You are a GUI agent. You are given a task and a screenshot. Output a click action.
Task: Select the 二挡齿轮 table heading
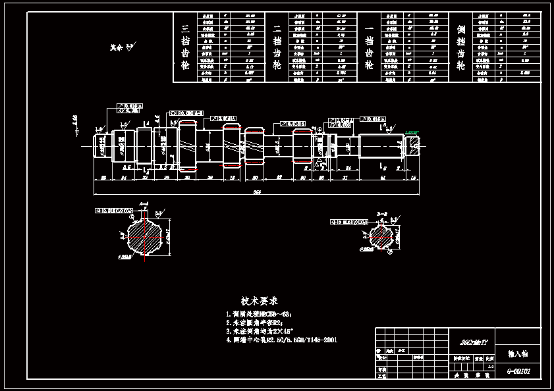pyautogui.click(x=277, y=47)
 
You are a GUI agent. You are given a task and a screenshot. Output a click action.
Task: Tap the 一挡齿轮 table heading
pyautogui.click(x=370, y=47)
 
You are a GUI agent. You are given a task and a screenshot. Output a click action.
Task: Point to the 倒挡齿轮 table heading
pyautogui.click(x=461, y=47)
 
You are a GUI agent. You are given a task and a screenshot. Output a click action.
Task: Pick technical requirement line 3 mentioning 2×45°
pyautogui.click(x=263, y=332)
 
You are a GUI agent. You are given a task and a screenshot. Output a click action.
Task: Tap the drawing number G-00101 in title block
pyautogui.click(x=518, y=371)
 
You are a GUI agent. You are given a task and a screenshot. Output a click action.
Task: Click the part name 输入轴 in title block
pyautogui.click(x=518, y=353)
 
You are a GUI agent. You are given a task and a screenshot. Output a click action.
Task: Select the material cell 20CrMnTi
pyautogui.click(x=472, y=342)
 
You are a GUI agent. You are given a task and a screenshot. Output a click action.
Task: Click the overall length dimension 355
pyautogui.click(x=256, y=192)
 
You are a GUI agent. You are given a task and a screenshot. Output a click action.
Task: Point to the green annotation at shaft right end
pyautogui.click(x=412, y=133)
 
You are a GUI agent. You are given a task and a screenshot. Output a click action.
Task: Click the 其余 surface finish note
pyautogui.click(x=121, y=47)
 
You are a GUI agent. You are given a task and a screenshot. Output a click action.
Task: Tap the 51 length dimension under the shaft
pyautogui.click(x=383, y=178)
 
